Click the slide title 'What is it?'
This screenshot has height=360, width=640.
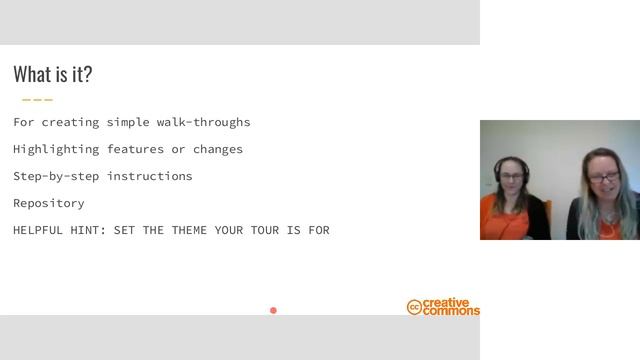click(53, 75)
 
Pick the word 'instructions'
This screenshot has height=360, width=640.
click(150, 176)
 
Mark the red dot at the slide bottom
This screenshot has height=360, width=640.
click(273, 310)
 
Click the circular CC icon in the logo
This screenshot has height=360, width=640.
click(414, 307)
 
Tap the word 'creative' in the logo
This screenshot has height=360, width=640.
click(447, 303)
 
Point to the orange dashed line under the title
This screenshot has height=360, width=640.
click(37, 100)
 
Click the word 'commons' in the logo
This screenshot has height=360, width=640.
click(451, 312)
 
